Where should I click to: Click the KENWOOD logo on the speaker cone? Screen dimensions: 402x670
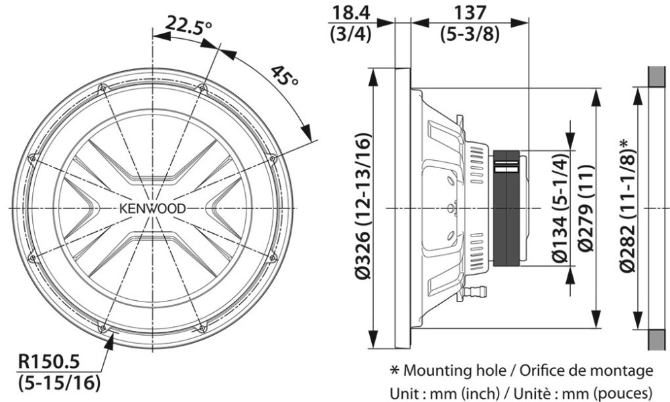pyautogui.click(x=153, y=207)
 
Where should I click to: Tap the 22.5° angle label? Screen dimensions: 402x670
pyautogui.click(x=189, y=27)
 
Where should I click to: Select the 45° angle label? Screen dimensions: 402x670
pyautogui.click(x=284, y=78)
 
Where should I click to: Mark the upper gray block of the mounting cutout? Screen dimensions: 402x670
pyautogui.click(x=657, y=76)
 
